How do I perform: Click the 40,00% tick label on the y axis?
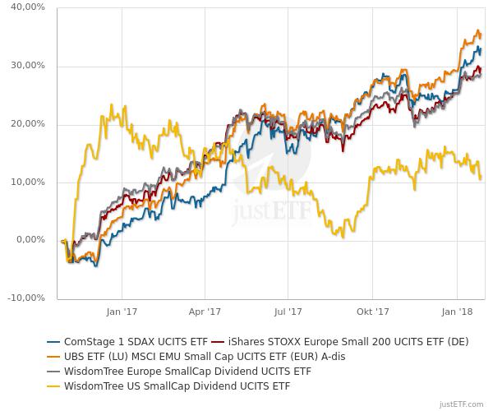[x=27, y=7]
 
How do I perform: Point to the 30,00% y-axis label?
[x=27, y=66]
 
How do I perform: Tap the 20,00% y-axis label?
[x=27, y=124]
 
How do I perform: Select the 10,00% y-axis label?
[x=27, y=182]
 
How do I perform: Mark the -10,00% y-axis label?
[x=25, y=298]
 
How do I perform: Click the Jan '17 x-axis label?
[x=121, y=312]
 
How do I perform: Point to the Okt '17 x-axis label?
[x=372, y=312]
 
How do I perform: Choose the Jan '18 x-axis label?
[x=457, y=312]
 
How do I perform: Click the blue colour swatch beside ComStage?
[x=54, y=341]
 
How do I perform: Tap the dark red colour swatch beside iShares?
[x=219, y=341]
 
